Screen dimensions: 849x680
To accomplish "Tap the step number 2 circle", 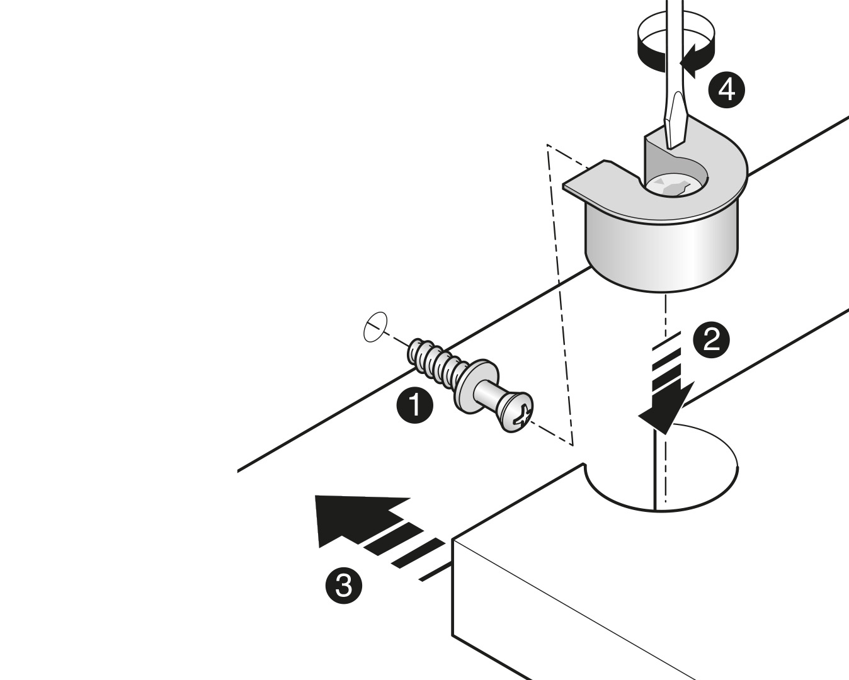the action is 712,339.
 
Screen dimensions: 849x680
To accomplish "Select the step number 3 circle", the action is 344,586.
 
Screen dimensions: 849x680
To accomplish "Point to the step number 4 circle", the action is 727,91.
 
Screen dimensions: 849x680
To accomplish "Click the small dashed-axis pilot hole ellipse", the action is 375,327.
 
